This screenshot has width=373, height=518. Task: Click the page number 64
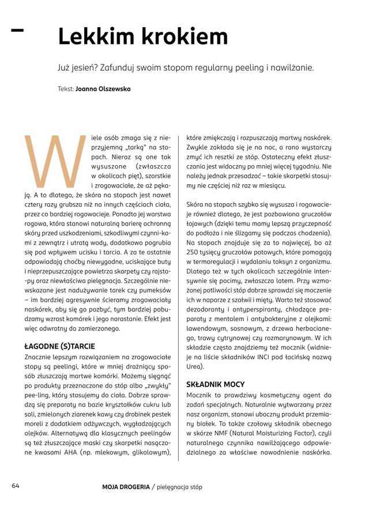tap(16, 486)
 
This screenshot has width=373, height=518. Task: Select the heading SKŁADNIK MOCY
tap(216, 384)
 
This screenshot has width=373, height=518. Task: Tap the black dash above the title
tap(17, 29)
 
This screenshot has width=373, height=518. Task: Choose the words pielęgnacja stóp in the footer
tap(180, 487)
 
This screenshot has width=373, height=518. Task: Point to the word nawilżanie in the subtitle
tap(292, 67)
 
